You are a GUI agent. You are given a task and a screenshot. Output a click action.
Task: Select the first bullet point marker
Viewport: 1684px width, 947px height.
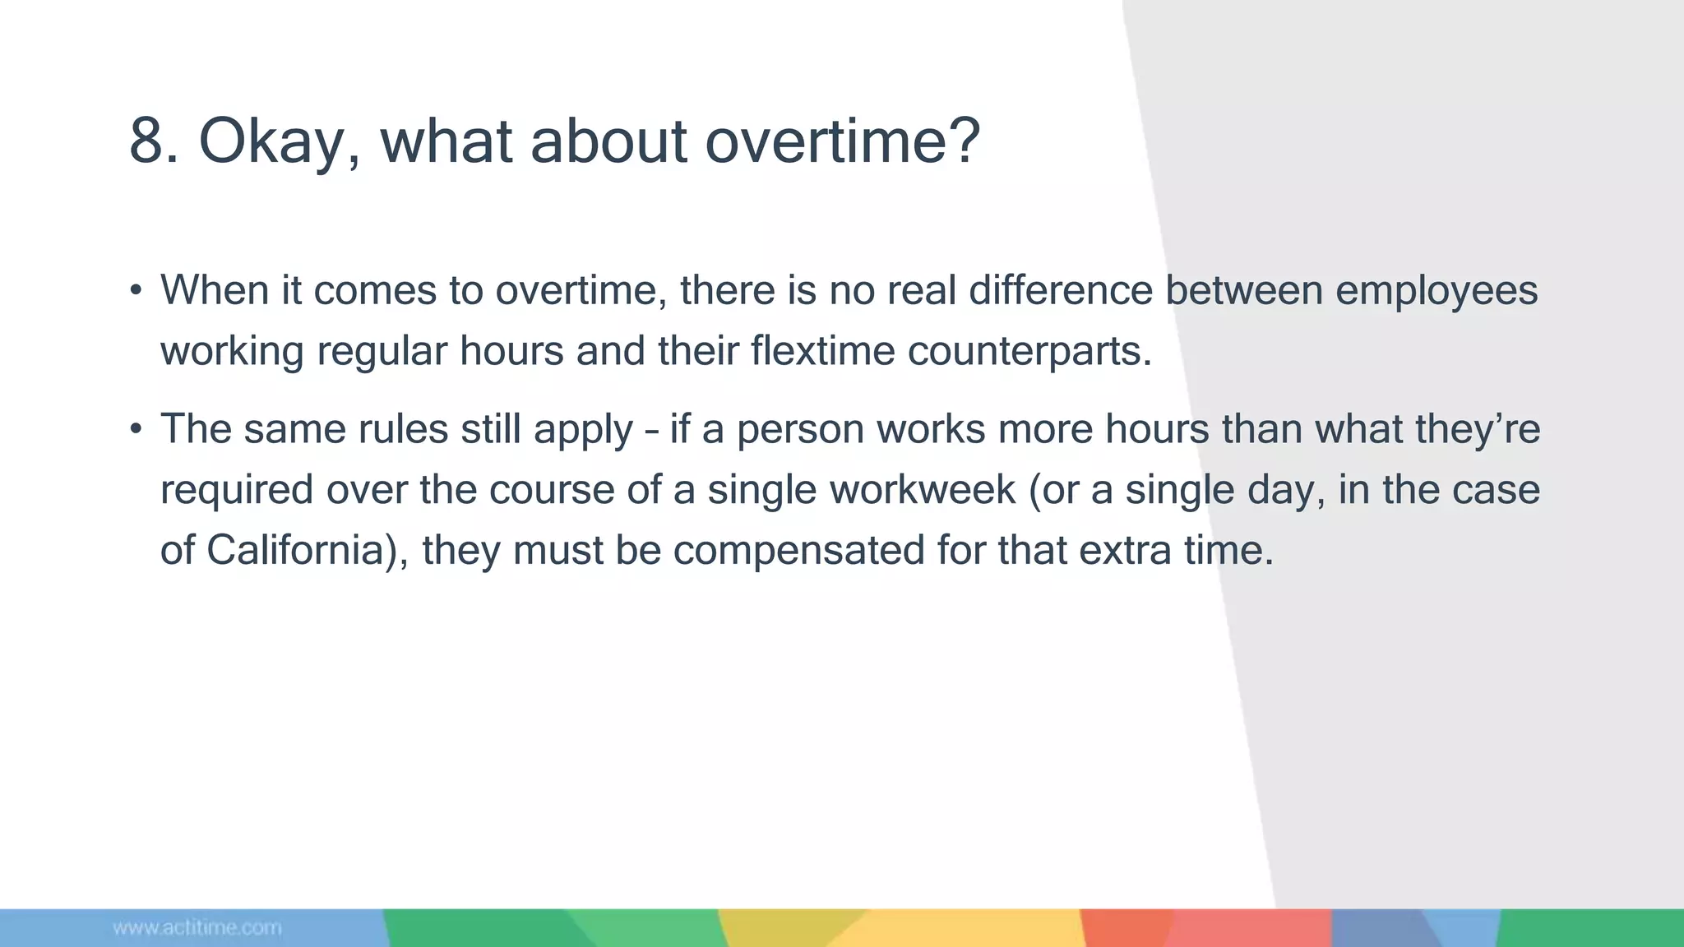[x=136, y=291]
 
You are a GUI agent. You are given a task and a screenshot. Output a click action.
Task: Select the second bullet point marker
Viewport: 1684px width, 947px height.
[x=136, y=429]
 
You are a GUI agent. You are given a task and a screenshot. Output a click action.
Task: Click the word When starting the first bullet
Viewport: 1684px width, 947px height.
[x=215, y=291]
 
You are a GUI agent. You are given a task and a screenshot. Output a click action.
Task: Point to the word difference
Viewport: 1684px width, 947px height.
[x=1061, y=291]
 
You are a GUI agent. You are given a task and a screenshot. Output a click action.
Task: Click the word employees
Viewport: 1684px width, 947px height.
[x=1436, y=291]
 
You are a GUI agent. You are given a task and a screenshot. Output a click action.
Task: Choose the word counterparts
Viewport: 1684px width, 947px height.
[x=1029, y=352]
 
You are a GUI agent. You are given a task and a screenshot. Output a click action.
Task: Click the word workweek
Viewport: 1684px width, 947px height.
[x=923, y=490]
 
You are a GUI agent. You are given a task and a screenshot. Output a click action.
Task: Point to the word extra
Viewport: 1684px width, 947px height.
[x=1124, y=550]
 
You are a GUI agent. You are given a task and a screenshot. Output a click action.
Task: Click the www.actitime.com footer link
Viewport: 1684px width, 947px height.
[x=197, y=928]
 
